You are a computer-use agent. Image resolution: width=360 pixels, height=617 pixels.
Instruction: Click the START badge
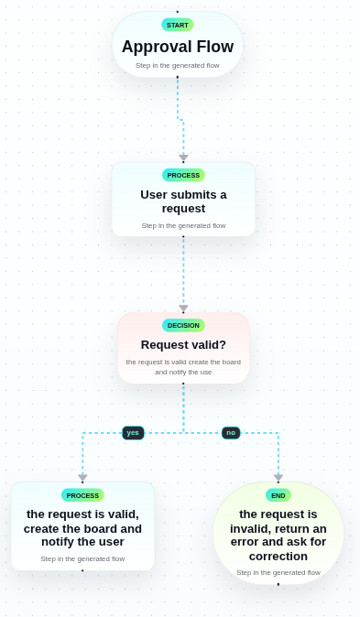click(x=177, y=25)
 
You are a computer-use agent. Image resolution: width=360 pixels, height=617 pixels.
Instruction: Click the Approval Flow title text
click(x=177, y=47)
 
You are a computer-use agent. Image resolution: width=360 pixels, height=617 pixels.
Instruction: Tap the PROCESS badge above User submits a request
click(x=183, y=175)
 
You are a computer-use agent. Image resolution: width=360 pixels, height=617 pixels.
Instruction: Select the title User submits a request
click(x=183, y=201)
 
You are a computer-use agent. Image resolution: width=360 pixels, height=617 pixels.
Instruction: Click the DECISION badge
click(x=183, y=325)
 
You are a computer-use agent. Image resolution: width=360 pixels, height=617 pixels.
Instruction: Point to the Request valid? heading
click(x=183, y=345)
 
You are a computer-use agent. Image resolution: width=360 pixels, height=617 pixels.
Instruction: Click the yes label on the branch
click(x=133, y=433)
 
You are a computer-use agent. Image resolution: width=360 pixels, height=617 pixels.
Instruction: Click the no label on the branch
click(x=231, y=433)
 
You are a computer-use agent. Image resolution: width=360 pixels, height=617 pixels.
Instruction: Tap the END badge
click(x=278, y=495)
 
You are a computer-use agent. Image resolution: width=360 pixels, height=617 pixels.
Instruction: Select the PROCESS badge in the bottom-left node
click(x=82, y=495)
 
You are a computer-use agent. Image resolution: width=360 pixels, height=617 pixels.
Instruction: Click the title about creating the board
click(x=82, y=527)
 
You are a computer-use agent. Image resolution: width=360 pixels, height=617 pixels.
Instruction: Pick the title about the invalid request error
click(x=278, y=535)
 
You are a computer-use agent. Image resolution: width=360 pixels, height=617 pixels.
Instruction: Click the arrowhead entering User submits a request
click(x=183, y=158)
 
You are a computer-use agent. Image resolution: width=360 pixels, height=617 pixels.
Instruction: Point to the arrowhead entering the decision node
click(x=183, y=308)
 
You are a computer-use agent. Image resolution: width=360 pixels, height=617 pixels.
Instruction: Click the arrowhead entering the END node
click(x=278, y=478)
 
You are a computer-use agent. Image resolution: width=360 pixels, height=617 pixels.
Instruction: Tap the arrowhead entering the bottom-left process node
click(x=82, y=478)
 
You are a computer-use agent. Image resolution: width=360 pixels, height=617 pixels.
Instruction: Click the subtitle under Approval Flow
click(x=177, y=65)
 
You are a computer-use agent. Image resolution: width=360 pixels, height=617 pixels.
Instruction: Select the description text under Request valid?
click(x=183, y=367)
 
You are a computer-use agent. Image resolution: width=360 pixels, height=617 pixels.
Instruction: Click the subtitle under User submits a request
click(x=183, y=225)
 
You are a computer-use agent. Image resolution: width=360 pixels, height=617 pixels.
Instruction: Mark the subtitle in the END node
click(x=278, y=572)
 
